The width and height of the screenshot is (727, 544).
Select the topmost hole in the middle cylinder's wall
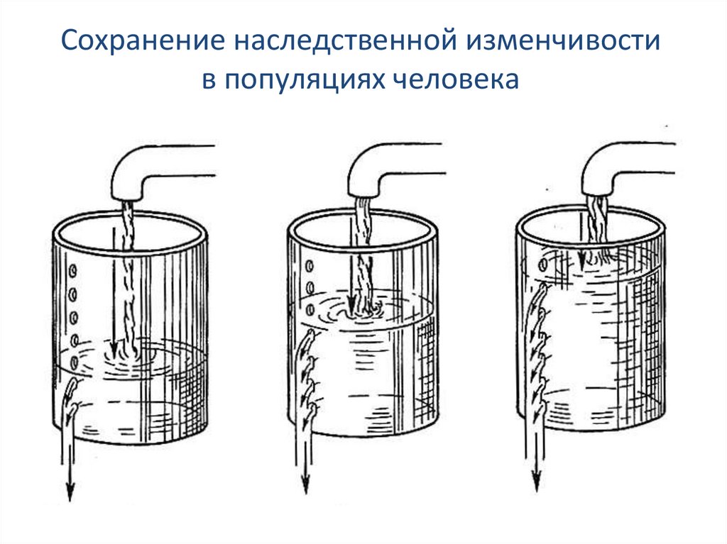310,266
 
